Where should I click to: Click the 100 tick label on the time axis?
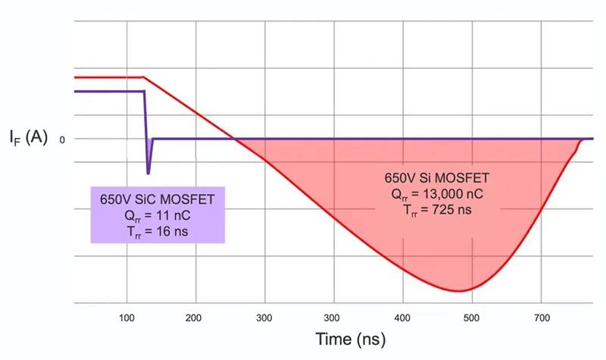(127, 318)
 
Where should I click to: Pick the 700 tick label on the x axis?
(542, 318)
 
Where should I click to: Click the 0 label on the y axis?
(62, 139)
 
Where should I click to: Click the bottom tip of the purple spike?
(148, 174)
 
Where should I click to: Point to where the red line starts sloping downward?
(144, 77)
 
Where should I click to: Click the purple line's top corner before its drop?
(144, 91)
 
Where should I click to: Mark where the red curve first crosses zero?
(235, 139)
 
